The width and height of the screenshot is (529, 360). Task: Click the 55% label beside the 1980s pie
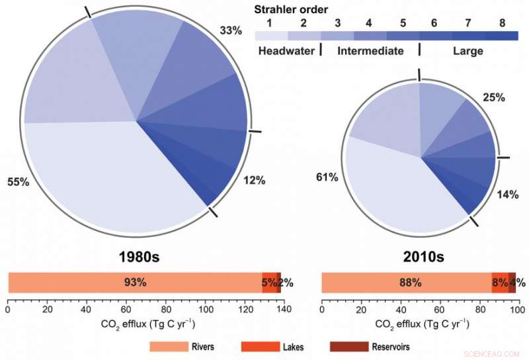tap(18, 181)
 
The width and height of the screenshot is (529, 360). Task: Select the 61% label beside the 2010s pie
tap(328, 177)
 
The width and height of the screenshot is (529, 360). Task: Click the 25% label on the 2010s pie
tap(493, 97)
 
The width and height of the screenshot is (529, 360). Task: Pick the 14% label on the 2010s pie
tap(508, 194)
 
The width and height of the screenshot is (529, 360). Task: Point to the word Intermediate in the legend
tap(370, 51)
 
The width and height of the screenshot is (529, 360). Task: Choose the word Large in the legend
tap(468, 51)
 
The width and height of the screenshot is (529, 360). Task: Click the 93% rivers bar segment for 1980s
tap(135, 283)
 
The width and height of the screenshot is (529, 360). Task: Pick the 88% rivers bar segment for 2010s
tap(406, 283)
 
